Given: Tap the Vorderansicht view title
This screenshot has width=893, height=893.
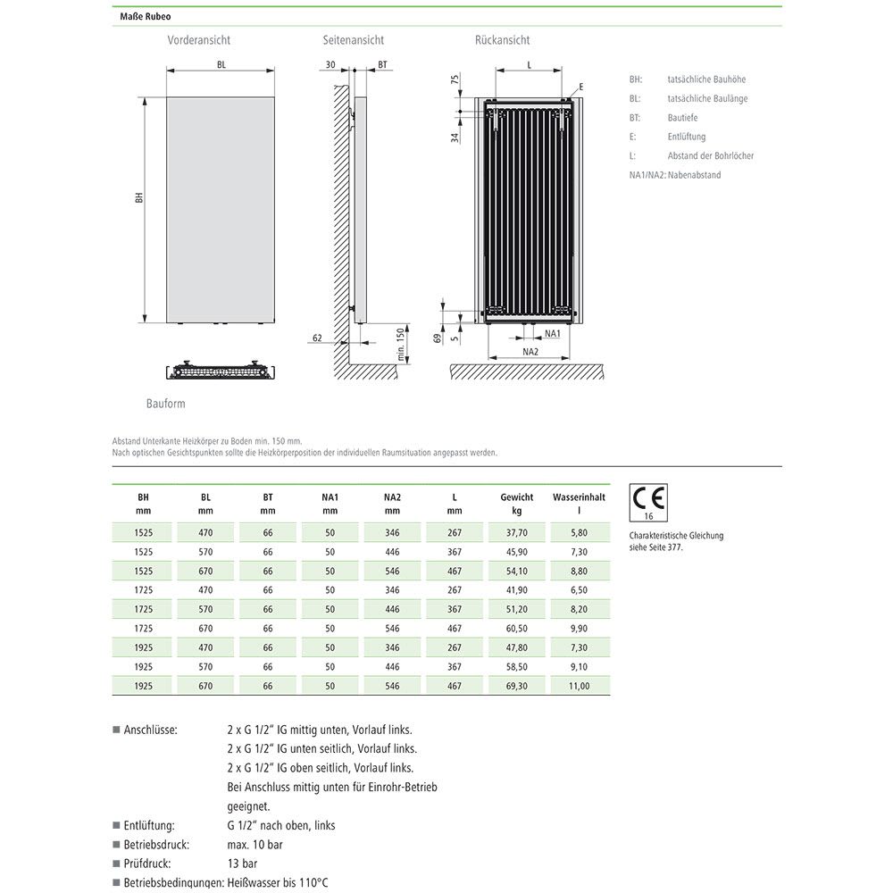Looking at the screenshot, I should pyautogui.click(x=198, y=40).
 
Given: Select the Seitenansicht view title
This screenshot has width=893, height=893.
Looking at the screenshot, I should pyautogui.click(x=354, y=40).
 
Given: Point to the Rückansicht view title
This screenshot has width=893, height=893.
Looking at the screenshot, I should pyautogui.click(x=502, y=40).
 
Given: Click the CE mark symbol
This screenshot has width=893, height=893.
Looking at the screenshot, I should pyautogui.click(x=649, y=499).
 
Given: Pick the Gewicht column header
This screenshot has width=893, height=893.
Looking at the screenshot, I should pyautogui.click(x=517, y=497).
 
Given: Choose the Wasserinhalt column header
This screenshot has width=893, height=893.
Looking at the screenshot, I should pyautogui.click(x=579, y=497).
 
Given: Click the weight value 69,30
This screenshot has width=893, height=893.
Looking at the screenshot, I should pyautogui.click(x=517, y=686).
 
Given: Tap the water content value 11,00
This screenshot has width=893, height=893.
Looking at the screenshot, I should pyautogui.click(x=579, y=686).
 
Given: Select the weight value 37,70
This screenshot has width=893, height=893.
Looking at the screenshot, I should pyautogui.click(x=517, y=531).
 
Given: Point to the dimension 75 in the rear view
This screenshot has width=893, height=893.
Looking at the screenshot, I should pyautogui.click(x=455, y=79).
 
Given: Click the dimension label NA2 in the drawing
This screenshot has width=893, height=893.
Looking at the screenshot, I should pyautogui.click(x=530, y=352).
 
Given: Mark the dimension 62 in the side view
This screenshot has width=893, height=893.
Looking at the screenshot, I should pyautogui.click(x=317, y=338).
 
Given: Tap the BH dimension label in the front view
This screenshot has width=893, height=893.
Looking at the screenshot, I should pyautogui.click(x=138, y=198).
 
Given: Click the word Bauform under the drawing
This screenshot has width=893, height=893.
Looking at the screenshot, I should pyautogui.click(x=166, y=404).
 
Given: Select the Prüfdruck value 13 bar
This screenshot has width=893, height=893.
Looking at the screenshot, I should pyautogui.click(x=243, y=864).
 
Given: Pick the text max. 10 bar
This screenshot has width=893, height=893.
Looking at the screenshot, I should pyautogui.click(x=255, y=845).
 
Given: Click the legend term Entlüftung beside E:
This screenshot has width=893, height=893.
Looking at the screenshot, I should pyautogui.click(x=686, y=137).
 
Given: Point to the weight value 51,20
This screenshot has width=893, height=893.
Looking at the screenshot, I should pyautogui.click(x=517, y=609).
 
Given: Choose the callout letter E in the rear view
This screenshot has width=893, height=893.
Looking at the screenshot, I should pyautogui.click(x=580, y=87).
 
